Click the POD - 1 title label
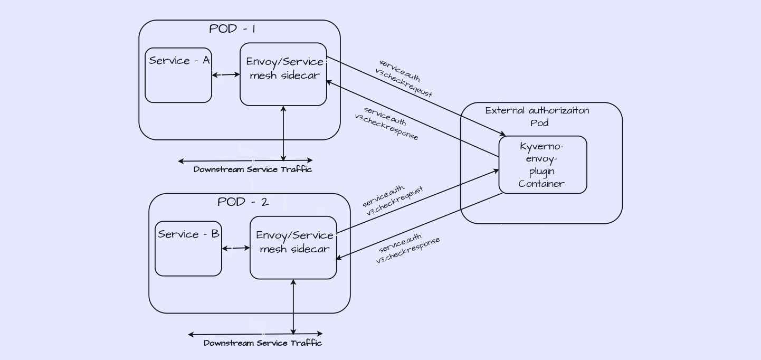pyautogui.click(x=232, y=29)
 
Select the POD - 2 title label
pyautogui.click(x=243, y=202)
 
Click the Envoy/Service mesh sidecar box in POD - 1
pyautogui.click(x=283, y=74)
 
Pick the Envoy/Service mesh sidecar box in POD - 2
pyautogui.click(x=293, y=247)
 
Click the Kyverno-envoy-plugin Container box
pyautogui.click(x=543, y=165)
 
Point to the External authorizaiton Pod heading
pyautogui.click(x=538, y=117)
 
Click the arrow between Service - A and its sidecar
pyautogui.click(x=226, y=75)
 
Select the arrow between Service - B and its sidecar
pyautogui.click(x=236, y=248)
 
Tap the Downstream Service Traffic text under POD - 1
pyautogui.click(x=253, y=169)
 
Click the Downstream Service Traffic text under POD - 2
pyautogui.click(x=263, y=343)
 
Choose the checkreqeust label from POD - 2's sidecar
pyautogui.click(x=393, y=201)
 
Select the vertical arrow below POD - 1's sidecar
pyautogui.click(x=283, y=133)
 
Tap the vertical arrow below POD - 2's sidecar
pyautogui.click(x=293, y=307)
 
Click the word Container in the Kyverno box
pyautogui.click(x=541, y=184)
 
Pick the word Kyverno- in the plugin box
pyautogui.click(x=542, y=146)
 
